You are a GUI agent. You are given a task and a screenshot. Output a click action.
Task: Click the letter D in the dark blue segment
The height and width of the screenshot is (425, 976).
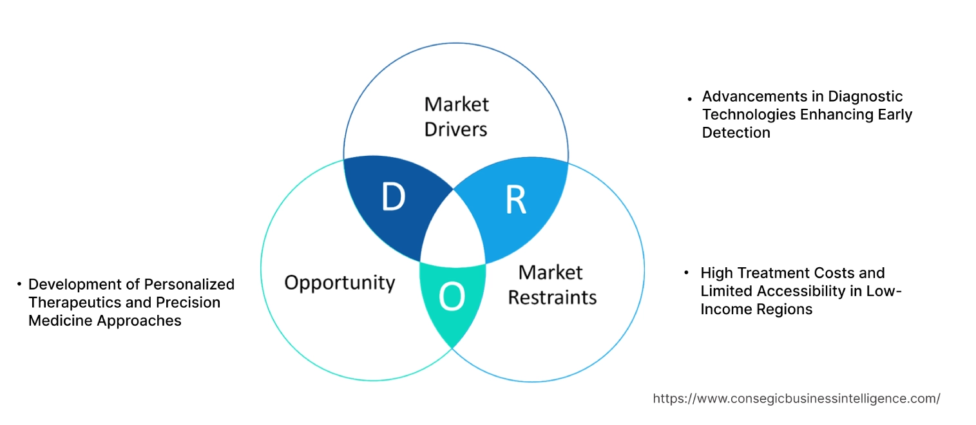[392, 198]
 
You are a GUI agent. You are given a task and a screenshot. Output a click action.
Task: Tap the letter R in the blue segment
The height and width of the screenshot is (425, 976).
[515, 200]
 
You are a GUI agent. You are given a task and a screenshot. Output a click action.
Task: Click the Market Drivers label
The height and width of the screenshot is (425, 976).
[456, 117]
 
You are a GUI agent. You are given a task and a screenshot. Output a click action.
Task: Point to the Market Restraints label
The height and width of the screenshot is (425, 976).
[552, 285]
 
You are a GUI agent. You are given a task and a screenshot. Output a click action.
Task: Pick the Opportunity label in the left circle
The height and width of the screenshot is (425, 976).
[340, 282]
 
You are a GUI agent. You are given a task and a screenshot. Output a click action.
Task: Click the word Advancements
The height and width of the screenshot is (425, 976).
[747, 97]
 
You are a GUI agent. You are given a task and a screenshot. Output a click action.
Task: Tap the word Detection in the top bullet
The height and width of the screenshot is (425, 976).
[736, 133]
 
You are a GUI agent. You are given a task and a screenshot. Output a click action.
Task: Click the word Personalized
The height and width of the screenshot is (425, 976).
[189, 284]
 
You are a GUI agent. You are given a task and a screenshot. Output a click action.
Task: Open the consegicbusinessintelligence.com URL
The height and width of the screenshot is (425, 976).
[796, 399]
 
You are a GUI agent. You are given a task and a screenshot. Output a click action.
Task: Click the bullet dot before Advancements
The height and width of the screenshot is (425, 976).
[690, 98]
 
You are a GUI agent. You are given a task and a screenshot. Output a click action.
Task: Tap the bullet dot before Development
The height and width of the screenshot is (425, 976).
[19, 284]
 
